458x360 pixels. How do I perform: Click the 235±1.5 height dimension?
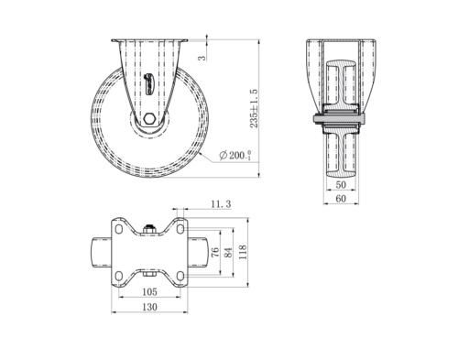click(x=254, y=108)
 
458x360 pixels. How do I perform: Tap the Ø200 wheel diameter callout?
click(x=235, y=155)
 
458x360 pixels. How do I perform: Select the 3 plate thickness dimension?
click(x=202, y=58)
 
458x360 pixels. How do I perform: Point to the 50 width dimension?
click(x=341, y=185)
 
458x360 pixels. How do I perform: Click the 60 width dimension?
click(x=341, y=199)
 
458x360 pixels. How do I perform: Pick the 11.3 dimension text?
click(x=221, y=204)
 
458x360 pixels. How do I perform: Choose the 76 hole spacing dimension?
click(x=215, y=252)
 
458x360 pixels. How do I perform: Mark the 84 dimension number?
click(x=228, y=253)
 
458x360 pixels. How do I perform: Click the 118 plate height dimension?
click(x=243, y=252)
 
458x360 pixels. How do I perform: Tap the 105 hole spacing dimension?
click(x=149, y=292)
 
